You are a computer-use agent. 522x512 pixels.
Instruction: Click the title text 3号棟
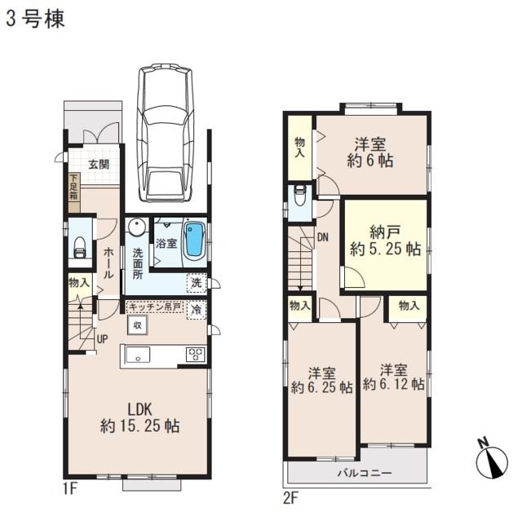pyautogui.click(x=35, y=19)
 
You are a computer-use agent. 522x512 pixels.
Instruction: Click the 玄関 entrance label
pyautogui.click(x=100, y=164)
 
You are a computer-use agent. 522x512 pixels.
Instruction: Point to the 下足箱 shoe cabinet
pyautogui.click(x=74, y=188)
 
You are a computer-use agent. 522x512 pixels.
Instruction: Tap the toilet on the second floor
pyautogui.click(x=300, y=196)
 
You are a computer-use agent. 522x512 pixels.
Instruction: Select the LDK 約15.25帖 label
pyautogui.click(x=139, y=417)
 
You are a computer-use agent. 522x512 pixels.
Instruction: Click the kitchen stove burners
pyautogui.click(x=197, y=355)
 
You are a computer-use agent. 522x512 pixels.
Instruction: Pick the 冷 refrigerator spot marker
pyautogui.click(x=196, y=310)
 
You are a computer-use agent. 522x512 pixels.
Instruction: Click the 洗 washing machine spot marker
pyautogui.click(x=196, y=283)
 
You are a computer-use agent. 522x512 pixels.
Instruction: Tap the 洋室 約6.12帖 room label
pyautogui.click(x=393, y=375)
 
